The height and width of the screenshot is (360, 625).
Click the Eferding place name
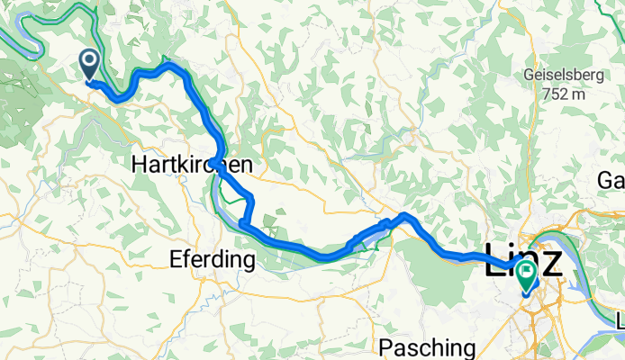click(213, 261)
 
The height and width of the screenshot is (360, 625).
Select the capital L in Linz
click(496, 261)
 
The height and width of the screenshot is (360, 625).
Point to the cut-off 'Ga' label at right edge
click(611, 181)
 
